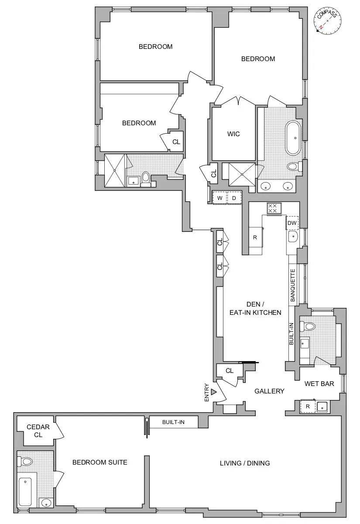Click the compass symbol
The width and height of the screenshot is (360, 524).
coord(328,21)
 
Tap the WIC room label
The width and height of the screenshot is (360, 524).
coord(233,134)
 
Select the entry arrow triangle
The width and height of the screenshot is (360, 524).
coord(213,392)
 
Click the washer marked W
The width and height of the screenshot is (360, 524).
coord(220,198)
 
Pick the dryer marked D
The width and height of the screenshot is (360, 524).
coord(234,198)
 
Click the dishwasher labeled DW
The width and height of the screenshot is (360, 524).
coord(292,223)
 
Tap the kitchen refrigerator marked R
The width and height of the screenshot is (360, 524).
coord(255,238)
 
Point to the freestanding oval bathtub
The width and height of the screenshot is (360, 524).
coord(293,138)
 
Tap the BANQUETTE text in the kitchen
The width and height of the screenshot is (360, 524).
coord(293,286)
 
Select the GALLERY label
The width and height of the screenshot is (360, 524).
coord(269,391)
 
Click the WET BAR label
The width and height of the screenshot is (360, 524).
coord(319,384)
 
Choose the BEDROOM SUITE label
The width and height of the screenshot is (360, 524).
coord(100,462)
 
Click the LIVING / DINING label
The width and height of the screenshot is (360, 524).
coord(245,463)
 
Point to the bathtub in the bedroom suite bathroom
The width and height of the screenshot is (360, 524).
coord(26,492)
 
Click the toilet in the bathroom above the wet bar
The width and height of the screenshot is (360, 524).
coord(309,326)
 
